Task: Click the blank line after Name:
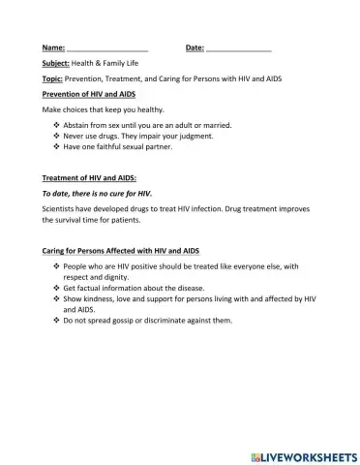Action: [x=107, y=47]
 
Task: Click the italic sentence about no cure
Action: [x=98, y=195]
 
